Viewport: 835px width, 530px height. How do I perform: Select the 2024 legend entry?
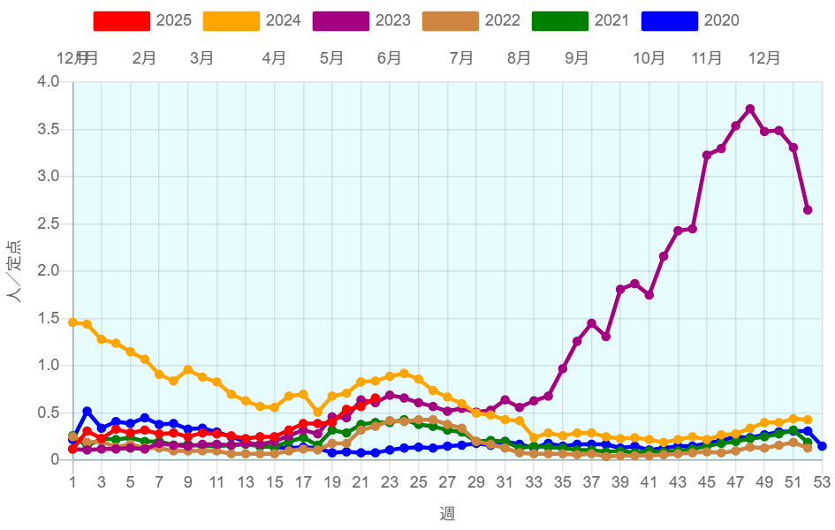tap(253, 20)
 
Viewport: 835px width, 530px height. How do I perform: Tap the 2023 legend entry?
tap(362, 20)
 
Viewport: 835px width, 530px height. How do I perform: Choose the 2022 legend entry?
tap(472, 20)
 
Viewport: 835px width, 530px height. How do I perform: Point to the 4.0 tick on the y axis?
tap(48, 82)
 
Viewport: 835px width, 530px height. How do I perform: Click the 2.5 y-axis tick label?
tap(48, 223)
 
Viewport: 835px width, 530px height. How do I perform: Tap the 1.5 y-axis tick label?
tap(48, 318)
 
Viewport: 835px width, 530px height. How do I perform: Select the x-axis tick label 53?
tap(823, 481)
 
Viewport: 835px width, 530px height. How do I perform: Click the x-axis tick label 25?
tap(419, 481)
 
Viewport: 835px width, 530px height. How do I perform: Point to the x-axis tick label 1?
tap(73, 481)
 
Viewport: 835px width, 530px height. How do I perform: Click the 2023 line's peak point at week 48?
tap(750, 109)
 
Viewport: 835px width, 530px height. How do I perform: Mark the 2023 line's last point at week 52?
tap(808, 209)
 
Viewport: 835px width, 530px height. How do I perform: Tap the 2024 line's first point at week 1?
tap(72, 322)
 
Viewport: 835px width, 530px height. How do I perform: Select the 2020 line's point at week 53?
tap(823, 446)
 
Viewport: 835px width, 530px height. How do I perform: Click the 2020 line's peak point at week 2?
tap(87, 411)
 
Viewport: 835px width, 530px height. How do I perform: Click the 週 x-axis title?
tap(448, 513)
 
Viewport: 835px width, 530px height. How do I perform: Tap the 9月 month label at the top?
tap(577, 58)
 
